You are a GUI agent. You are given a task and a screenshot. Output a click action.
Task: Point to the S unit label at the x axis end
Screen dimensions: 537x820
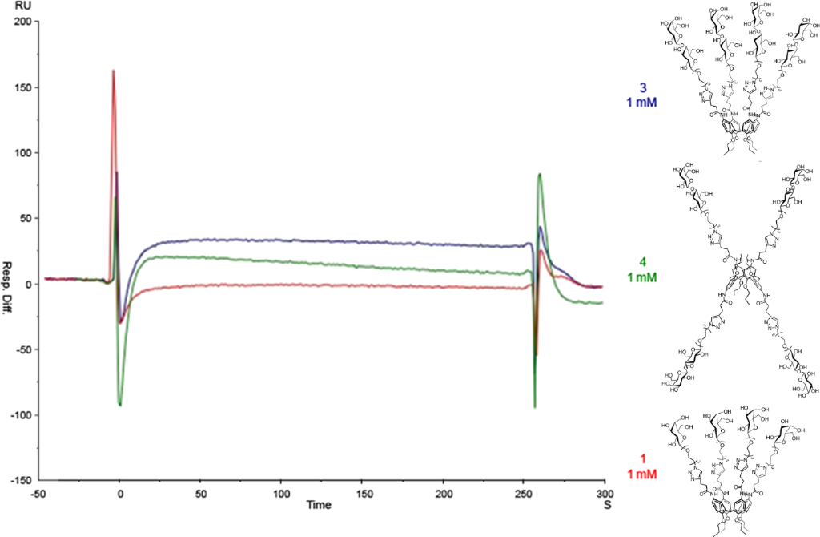[606, 507]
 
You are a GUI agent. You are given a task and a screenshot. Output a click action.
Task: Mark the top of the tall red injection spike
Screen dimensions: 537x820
[114, 71]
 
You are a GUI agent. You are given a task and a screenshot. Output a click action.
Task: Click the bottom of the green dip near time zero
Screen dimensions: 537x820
[120, 405]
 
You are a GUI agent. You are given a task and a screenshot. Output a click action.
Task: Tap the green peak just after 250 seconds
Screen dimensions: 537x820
[541, 174]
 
